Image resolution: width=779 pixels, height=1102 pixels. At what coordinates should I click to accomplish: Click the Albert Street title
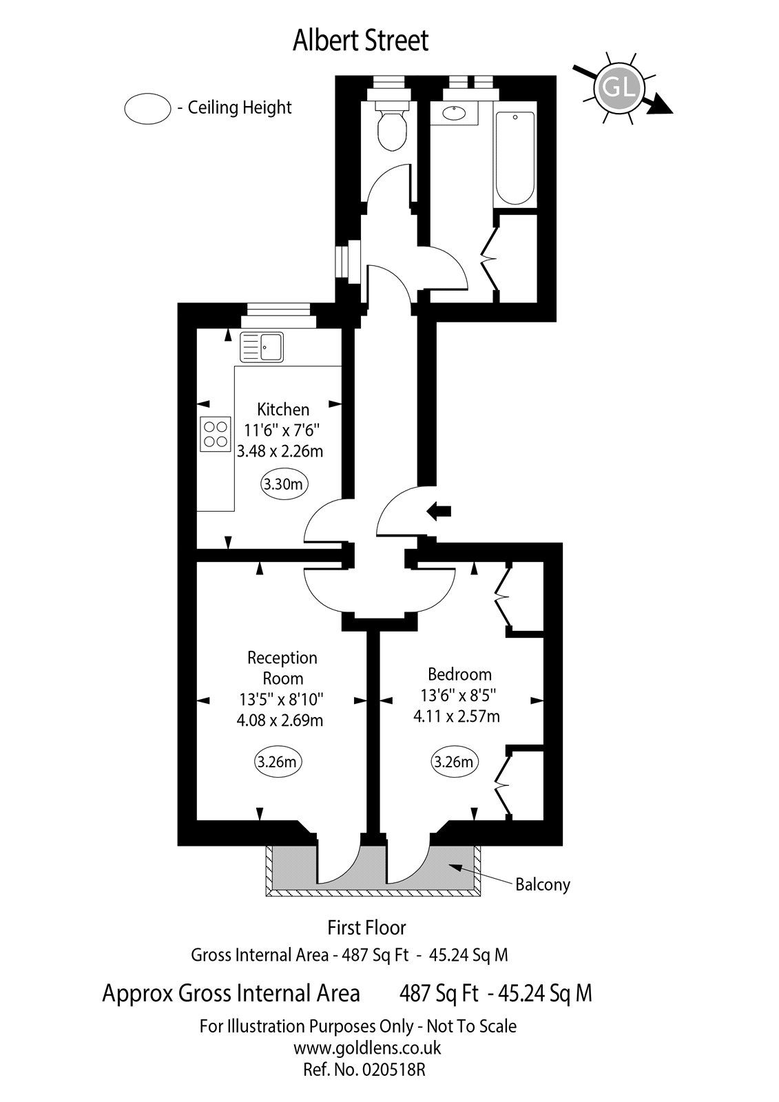(360, 41)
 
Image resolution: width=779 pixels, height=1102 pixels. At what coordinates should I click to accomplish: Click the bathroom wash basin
(454, 114)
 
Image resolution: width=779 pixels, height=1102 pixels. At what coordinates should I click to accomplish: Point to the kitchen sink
(262, 346)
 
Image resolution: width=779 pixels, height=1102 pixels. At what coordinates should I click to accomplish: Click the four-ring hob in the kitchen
(216, 435)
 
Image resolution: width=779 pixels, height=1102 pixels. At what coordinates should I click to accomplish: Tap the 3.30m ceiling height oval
(284, 484)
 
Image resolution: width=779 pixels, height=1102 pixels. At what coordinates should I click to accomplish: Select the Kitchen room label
(283, 409)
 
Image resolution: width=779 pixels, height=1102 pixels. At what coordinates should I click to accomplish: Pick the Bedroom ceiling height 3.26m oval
(454, 762)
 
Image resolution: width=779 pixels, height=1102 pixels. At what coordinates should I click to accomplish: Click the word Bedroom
(459, 674)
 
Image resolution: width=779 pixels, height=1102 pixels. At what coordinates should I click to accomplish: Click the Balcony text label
(543, 884)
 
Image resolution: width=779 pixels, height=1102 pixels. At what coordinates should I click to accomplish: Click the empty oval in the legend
(147, 108)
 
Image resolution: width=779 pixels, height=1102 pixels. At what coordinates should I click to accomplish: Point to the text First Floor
(366, 928)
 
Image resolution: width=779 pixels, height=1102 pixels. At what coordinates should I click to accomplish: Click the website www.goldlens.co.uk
(366, 1048)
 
